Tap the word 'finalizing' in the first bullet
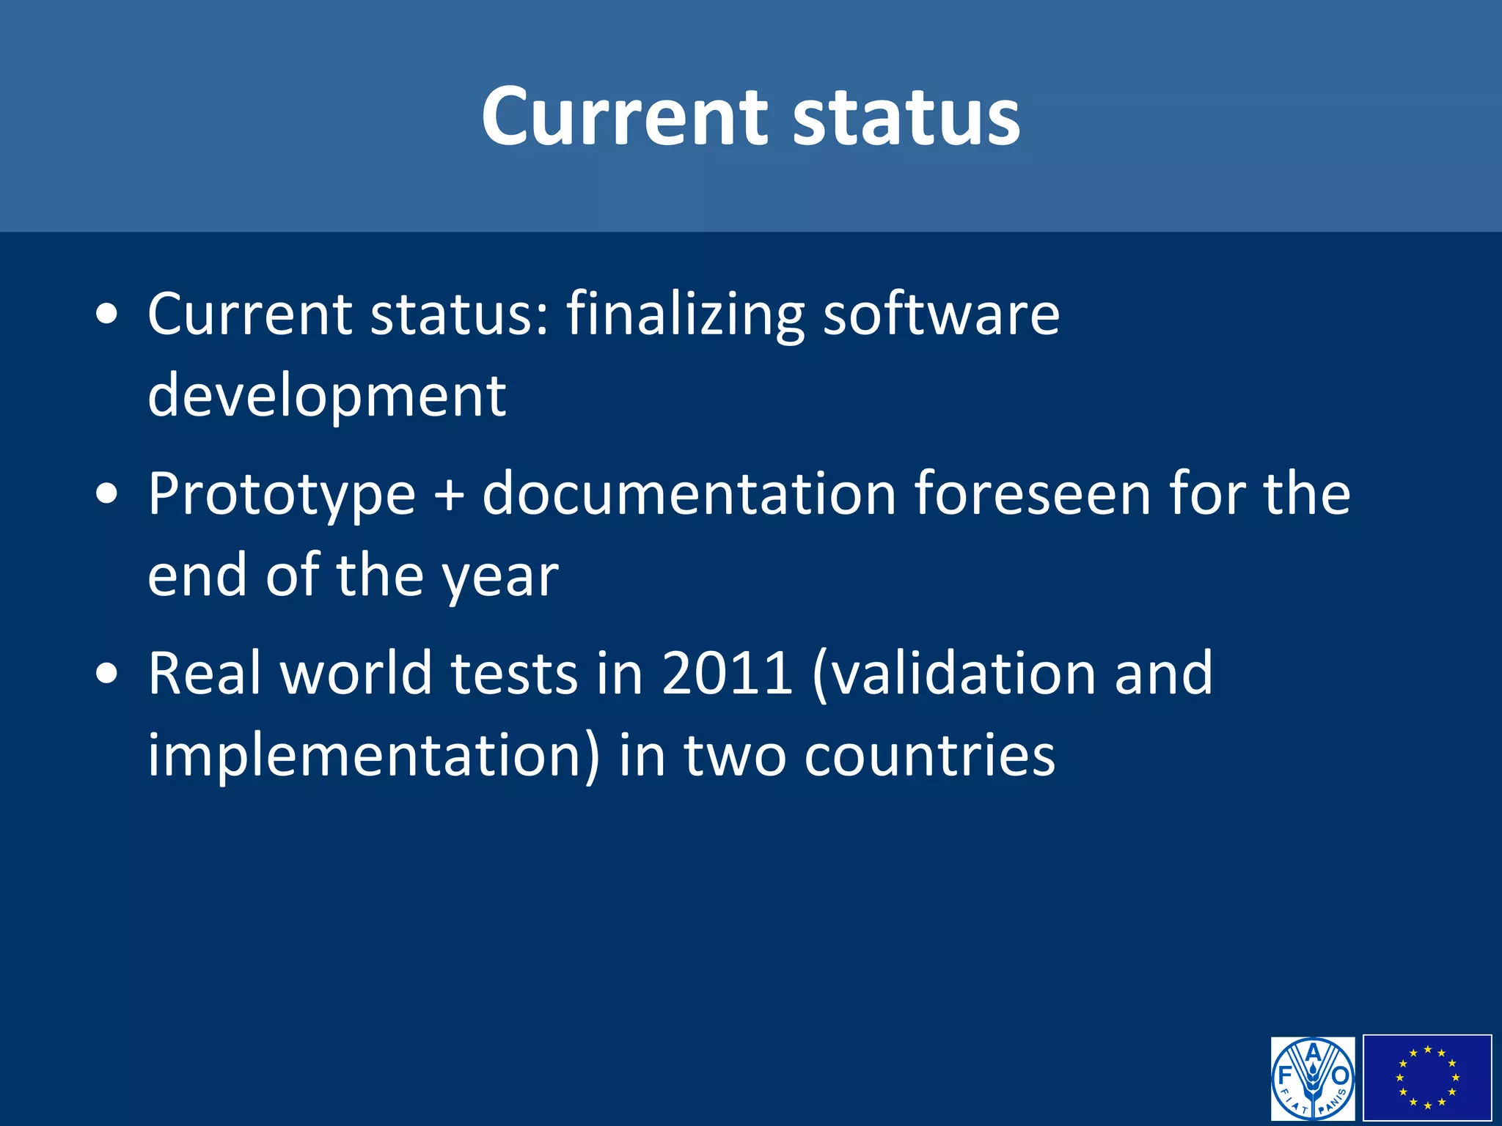685,315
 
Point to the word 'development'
326,396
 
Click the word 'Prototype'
282,496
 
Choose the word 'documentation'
689,494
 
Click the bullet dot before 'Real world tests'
107,674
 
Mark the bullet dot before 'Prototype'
107,495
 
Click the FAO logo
1313,1078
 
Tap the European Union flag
1427,1078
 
